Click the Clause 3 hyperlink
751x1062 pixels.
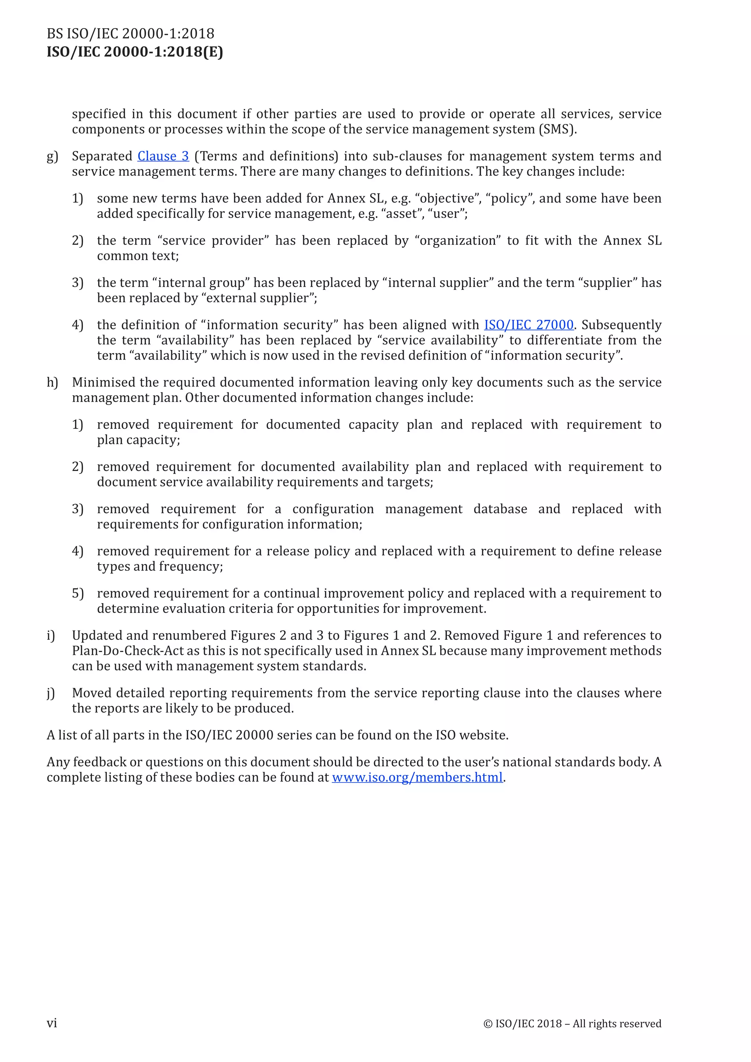pos(163,156)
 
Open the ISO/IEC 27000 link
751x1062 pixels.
pos(528,325)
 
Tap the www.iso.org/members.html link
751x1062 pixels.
pos(417,778)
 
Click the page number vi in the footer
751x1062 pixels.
pos(52,1023)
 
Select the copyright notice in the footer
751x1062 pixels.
pos(572,1023)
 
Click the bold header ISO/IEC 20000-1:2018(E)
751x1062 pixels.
pos(135,52)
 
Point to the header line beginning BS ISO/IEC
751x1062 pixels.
pos(131,34)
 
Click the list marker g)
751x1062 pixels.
pos(52,157)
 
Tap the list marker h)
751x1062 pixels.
pos(52,383)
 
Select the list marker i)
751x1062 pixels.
pos(51,635)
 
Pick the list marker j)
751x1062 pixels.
pos(51,693)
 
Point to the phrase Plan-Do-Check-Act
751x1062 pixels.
pos(128,651)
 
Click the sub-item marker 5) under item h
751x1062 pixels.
pos(78,594)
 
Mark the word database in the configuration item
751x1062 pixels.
pos(500,509)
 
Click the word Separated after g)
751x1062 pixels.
pos(102,156)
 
